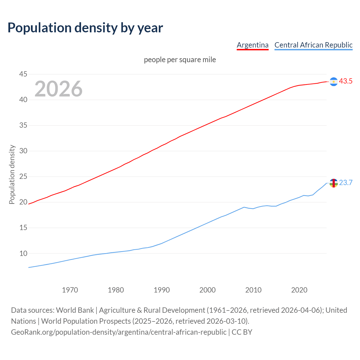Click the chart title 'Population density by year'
85,28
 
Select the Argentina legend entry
253,45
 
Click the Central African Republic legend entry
313,45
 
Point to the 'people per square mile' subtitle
180,60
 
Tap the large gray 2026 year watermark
58,89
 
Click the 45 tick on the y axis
23,74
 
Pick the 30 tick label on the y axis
23,151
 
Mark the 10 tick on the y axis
23,253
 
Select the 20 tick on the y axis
23,202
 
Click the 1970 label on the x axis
70,290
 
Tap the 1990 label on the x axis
162,290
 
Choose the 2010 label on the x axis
253,290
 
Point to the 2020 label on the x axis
299,290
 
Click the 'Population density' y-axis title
12,174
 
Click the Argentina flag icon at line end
334,82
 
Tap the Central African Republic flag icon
334,183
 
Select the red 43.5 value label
346,81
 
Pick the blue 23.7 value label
346,183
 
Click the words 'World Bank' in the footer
75,310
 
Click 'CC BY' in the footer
242,332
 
